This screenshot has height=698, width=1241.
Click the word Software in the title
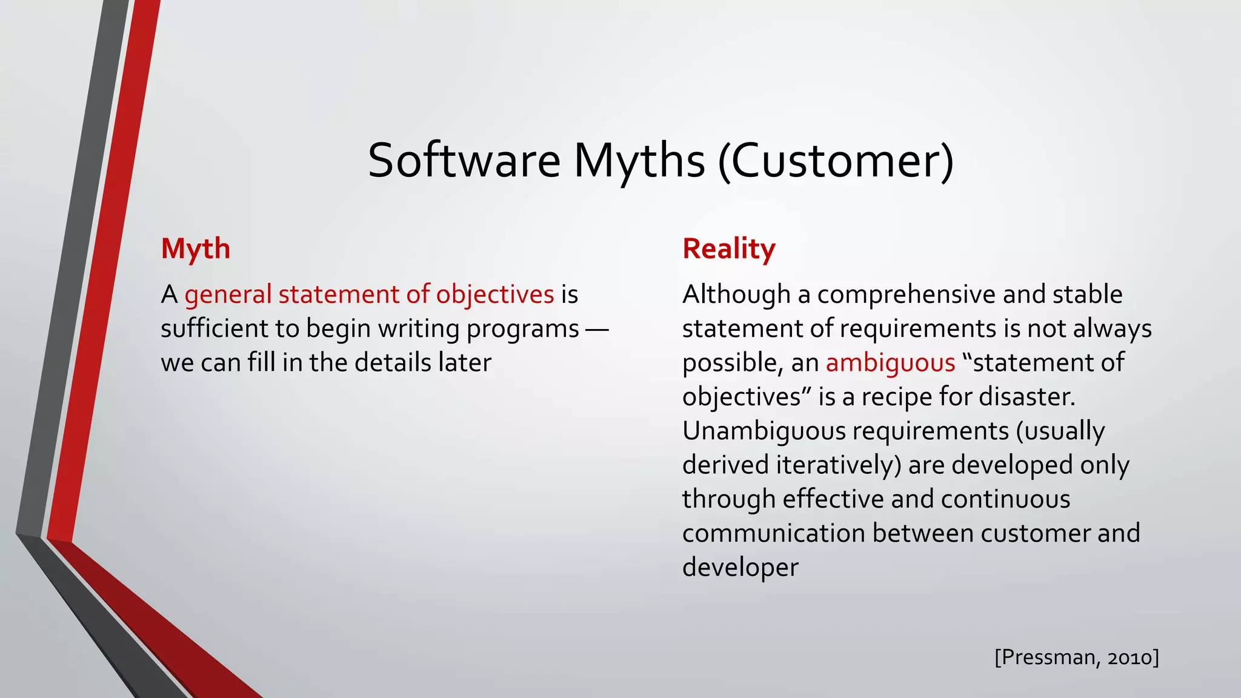[464, 161]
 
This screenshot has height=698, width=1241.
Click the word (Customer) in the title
[836, 161]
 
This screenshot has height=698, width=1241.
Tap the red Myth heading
[195, 249]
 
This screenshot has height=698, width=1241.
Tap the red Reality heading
[728, 249]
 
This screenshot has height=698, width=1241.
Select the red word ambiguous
[890, 363]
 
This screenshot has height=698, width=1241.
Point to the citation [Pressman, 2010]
[1076, 657]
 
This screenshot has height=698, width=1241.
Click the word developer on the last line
[740, 568]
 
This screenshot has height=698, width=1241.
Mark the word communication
[773, 534]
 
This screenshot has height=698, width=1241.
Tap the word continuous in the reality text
[1005, 499]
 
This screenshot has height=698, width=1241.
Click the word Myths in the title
[639, 161]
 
